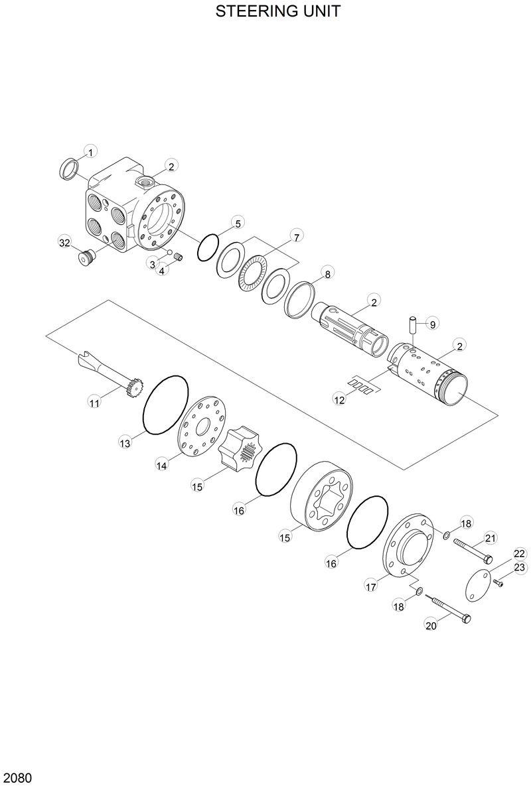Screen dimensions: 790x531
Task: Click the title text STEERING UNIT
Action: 278,11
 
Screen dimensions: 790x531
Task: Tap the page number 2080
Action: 18,777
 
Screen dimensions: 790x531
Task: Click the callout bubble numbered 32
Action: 64,243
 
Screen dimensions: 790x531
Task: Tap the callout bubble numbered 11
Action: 94,402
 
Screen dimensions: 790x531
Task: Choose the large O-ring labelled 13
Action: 167,405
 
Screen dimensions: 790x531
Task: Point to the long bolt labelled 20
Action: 449,609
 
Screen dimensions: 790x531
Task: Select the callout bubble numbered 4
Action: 161,271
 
